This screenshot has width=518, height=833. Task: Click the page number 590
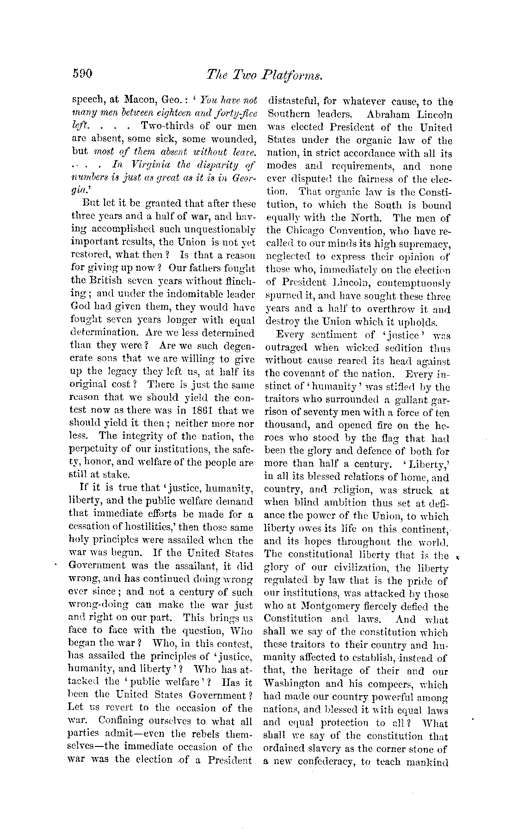click(83, 74)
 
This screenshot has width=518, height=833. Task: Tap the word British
click(102, 280)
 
